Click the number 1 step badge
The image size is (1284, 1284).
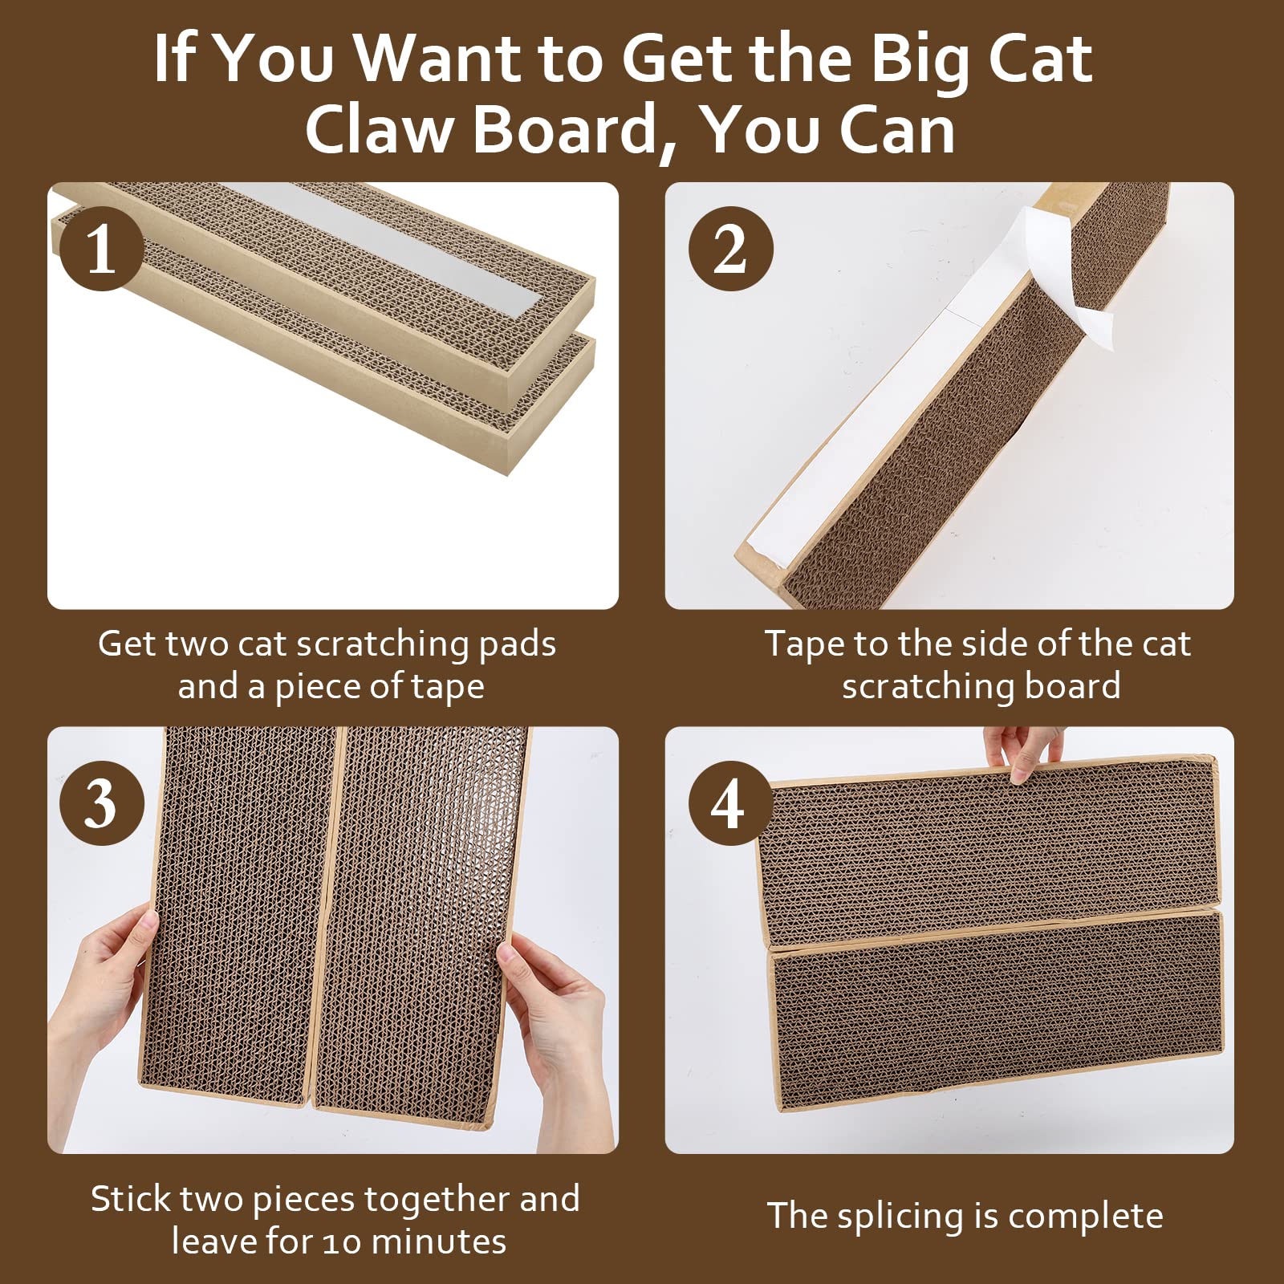coord(101,249)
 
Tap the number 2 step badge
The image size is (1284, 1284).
coord(730,249)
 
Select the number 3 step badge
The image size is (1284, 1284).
coord(101,803)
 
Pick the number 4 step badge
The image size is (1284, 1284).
coord(729,803)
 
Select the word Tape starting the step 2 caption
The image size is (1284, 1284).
coord(803,644)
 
